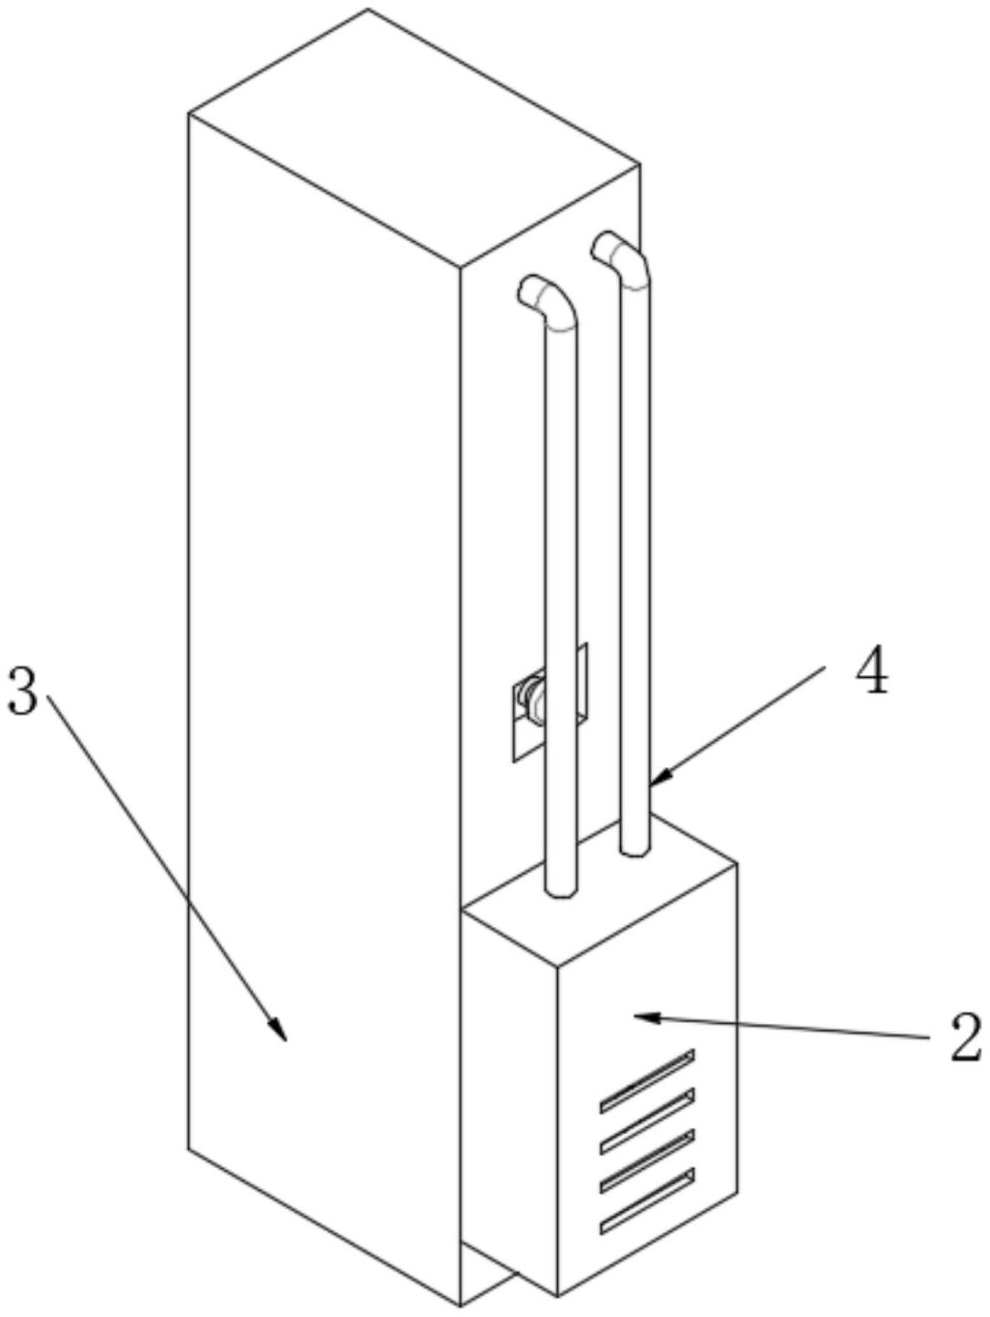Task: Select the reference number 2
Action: pos(964,1038)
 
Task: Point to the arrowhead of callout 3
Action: pos(280,1034)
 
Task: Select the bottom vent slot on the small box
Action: pos(647,1204)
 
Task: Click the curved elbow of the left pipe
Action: pos(552,301)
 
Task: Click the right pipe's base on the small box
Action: pos(636,848)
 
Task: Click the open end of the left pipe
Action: pos(528,291)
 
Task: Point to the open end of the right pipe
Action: pos(602,247)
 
